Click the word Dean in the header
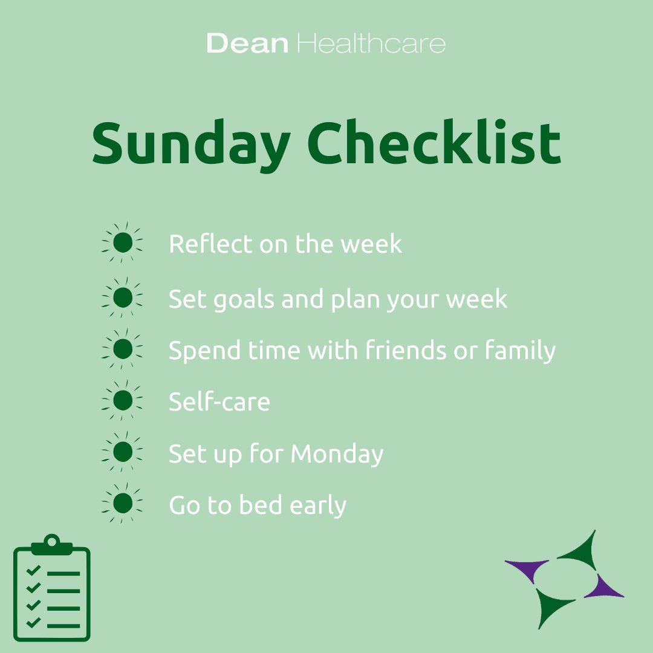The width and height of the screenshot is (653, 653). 247,44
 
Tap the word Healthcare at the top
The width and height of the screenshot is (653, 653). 372,44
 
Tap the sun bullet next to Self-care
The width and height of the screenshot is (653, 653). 123,400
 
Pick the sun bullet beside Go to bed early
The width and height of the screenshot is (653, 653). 123,503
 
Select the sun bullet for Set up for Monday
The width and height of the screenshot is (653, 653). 123,451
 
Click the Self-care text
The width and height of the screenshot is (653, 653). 219,402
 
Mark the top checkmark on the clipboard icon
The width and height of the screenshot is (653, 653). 34,570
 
